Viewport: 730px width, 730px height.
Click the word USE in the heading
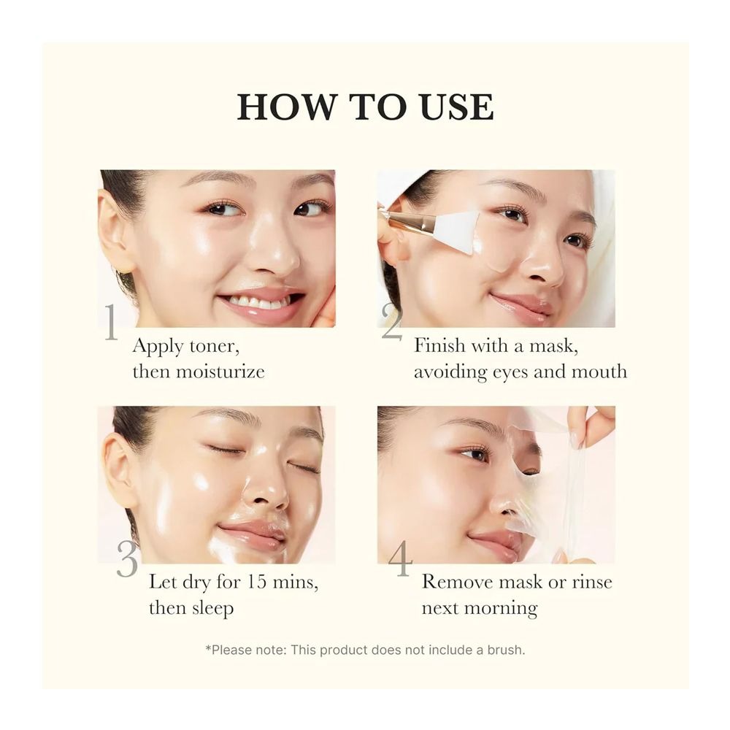point(456,107)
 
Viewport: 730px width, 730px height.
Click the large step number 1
point(111,322)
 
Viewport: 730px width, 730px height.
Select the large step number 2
point(392,322)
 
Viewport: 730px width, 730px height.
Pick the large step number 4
point(400,558)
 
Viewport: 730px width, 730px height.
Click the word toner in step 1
point(214,346)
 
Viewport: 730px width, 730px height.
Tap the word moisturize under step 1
point(220,372)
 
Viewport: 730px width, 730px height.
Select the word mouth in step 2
point(599,372)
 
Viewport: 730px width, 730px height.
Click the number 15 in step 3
point(256,582)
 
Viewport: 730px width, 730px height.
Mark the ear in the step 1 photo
point(112,233)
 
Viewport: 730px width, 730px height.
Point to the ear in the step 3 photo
point(120,470)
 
